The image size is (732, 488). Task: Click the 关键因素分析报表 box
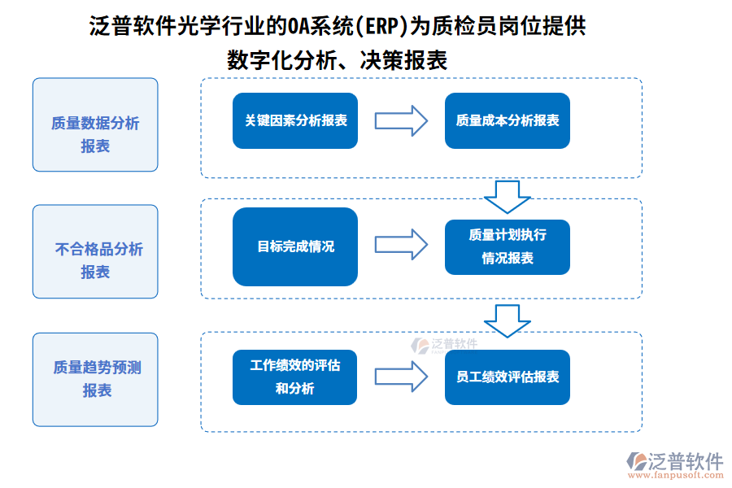point(295,120)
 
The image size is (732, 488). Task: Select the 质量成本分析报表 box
point(507,120)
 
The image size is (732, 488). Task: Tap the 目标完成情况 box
point(295,246)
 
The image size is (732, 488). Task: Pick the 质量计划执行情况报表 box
point(507,246)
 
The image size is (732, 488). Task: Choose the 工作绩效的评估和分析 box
point(295,377)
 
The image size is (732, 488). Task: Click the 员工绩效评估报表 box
point(507,377)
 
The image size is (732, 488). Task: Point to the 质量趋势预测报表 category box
point(95,379)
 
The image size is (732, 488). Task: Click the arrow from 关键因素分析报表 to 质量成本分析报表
point(401,120)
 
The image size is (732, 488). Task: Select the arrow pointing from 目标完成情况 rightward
point(401,244)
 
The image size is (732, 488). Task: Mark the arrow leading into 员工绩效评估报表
point(401,377)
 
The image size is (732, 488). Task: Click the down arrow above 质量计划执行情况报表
point(507,196)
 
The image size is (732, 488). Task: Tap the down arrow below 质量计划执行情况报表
point(507,320)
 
